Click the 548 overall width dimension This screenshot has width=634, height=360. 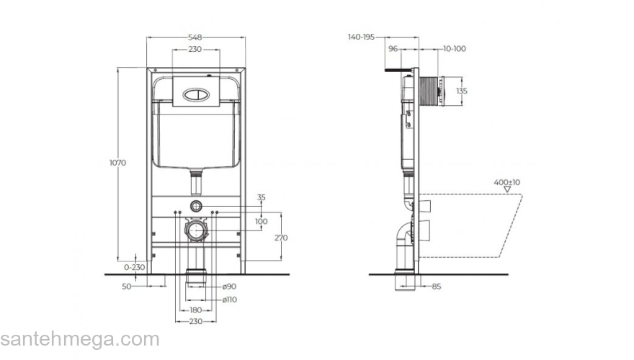[x=195, y=36]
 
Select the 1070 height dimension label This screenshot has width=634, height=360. [x=118, y=163]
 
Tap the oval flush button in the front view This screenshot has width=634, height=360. [x=195, y=92]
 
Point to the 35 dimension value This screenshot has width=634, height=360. [x=261, y=197]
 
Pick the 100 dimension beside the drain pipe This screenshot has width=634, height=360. [x=261, y=221]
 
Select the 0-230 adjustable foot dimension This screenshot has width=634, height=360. [x=134, y=266]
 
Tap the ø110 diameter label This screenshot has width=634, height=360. [x=229, y=299]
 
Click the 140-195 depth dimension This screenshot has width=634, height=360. [x=361, y=36]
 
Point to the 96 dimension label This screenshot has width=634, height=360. [x=393, y=49]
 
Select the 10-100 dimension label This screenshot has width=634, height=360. [x=454, y=49]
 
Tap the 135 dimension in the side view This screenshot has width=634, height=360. [x=463, y=91]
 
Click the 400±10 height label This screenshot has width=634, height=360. [x=506, y=182]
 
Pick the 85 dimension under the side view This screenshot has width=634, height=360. [x=437, y=287]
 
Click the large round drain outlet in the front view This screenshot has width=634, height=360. [x=195, y=230]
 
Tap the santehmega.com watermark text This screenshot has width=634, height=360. [x=79, y=339]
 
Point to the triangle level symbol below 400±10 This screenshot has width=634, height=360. [x=506, y=192]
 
